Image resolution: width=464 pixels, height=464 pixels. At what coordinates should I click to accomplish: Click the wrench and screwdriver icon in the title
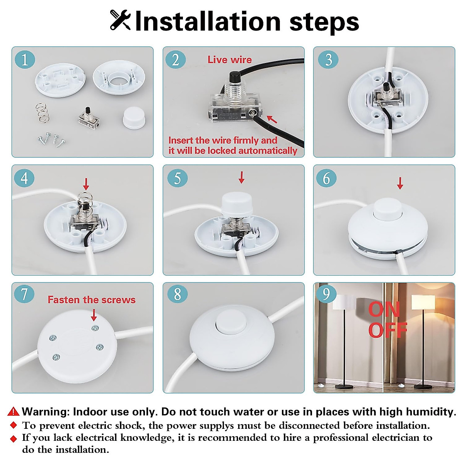pyautogui.click(x=120, y=20)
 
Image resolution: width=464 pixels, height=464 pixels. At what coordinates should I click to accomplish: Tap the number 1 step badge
pyautogui.click(x=25, y=60)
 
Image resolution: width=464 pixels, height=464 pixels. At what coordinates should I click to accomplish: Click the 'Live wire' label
pyautogui.click(x=229, y=60)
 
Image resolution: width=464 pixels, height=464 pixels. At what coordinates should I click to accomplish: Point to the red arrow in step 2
pyautogui.click(x=272, y=119)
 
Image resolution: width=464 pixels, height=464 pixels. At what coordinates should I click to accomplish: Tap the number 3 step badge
pyautogui.click(x=328, y=60)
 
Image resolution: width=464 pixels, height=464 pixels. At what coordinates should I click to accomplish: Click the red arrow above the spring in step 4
pyautogui.click(x=86, y=183)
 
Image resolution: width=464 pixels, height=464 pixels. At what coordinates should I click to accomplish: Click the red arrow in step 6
pyautogui.click(x=400, y=183)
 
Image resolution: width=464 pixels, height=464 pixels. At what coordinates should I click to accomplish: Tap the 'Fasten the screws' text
pyautogui.click(x=92, y=300)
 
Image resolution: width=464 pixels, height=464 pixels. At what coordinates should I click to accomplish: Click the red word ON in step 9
pyautogui.click(x=384, y=309)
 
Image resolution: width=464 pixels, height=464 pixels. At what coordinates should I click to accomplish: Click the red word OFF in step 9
pyautogui.click(x=387, y=330)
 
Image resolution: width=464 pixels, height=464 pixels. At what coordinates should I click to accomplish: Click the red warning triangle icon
pyautogui.click(x=13, y=411)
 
